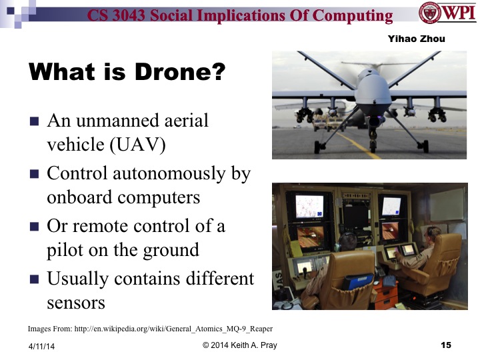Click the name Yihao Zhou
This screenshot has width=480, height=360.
[416, 39]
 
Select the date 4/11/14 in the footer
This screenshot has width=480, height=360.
[41, 345]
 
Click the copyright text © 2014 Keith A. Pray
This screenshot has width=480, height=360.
[239, 345]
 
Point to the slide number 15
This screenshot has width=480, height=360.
[446, 345]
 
